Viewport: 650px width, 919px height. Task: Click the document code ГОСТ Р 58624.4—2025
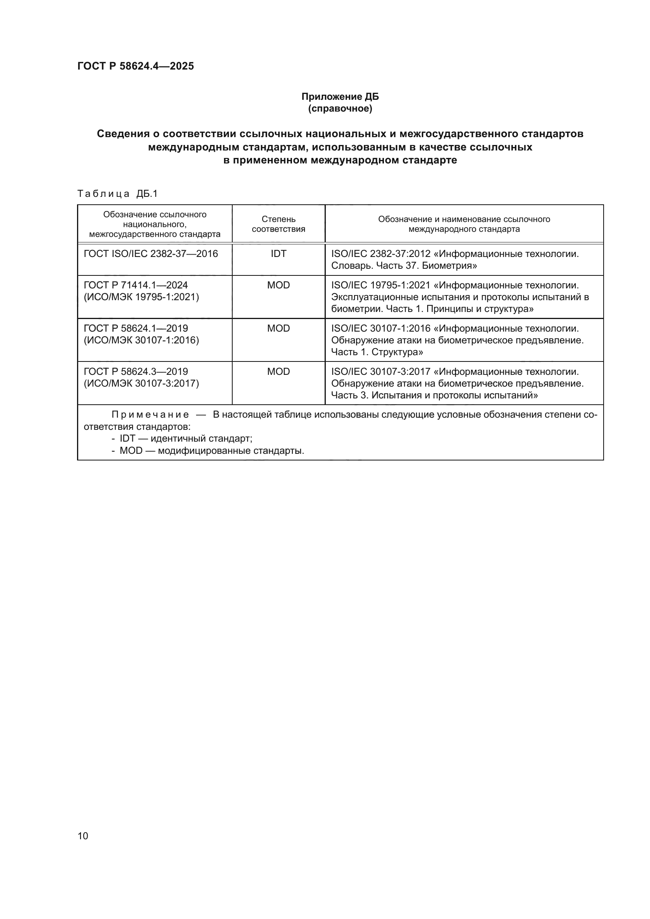(135, 66)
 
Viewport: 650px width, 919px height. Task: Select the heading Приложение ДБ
(340, 97)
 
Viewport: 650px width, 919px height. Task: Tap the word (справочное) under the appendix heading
(340, 108)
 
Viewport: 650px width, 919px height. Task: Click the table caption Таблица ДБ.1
(118, 194)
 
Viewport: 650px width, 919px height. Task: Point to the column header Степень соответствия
(278, 224)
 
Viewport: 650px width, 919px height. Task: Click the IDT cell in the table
(278, 253)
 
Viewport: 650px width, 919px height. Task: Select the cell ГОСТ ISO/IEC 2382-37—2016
(151, 253)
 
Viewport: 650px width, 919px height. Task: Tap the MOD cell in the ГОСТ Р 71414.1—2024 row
(278, 285)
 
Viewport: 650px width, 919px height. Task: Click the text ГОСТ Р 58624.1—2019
(136, 328)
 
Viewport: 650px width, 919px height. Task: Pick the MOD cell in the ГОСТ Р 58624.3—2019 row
(278, 371)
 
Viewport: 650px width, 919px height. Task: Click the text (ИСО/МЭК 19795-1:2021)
(141, 297)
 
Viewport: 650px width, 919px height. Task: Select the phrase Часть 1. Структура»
(377, 352)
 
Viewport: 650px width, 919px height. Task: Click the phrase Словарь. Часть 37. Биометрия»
(404, 265)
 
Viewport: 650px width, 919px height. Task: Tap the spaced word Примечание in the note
(150, 415)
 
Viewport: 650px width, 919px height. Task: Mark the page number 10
(83, 836)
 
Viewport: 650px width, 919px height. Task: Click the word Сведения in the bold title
(128, 134)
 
